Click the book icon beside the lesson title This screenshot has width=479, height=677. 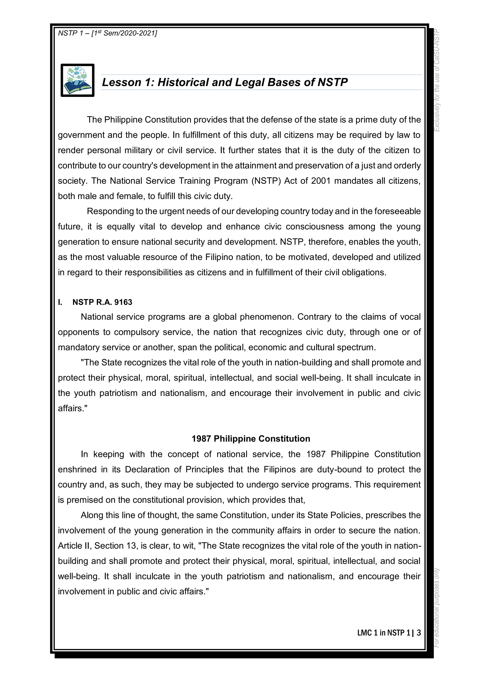(x=77, y=80)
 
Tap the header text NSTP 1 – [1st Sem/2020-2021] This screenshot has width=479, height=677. (x=107, y=33)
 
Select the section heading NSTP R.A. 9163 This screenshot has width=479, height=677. (x=102, y=302)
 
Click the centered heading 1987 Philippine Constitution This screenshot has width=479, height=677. (x=251, y=439)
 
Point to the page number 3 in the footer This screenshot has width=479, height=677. (x=418, y=633)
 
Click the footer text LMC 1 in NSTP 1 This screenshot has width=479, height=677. (x=383, y=633)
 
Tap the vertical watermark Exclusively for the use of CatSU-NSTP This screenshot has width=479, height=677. (x=437, y=80)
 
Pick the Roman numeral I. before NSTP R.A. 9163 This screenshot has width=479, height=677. (x=60, y=302)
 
